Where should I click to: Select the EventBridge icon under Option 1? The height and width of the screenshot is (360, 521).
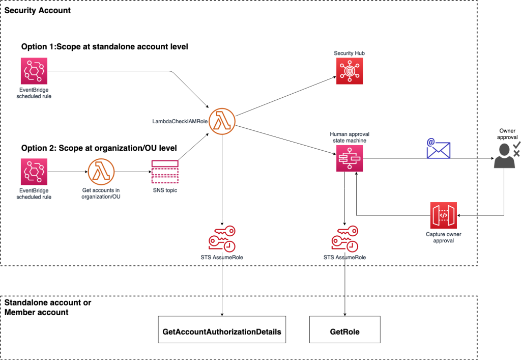(34, 71)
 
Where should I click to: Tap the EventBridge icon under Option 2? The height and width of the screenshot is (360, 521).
(34, 171)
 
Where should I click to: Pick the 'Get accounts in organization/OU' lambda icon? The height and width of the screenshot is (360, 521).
(101, 172)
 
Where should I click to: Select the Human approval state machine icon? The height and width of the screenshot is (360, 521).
(349, 158)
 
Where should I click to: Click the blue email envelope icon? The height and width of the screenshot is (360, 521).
(438, 148)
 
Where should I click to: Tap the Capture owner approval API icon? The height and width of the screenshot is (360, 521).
(443, 215)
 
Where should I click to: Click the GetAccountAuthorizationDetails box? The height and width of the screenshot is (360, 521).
(222, 331)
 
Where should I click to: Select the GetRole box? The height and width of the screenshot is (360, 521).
(345, 331)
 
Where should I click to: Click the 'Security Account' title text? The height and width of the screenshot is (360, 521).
(38, 10)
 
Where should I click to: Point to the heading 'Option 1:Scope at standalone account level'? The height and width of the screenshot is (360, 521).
(104, 47)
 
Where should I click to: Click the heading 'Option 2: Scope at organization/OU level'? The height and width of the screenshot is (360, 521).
(99, 148)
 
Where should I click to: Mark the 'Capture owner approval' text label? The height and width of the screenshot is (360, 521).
(443, 238)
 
